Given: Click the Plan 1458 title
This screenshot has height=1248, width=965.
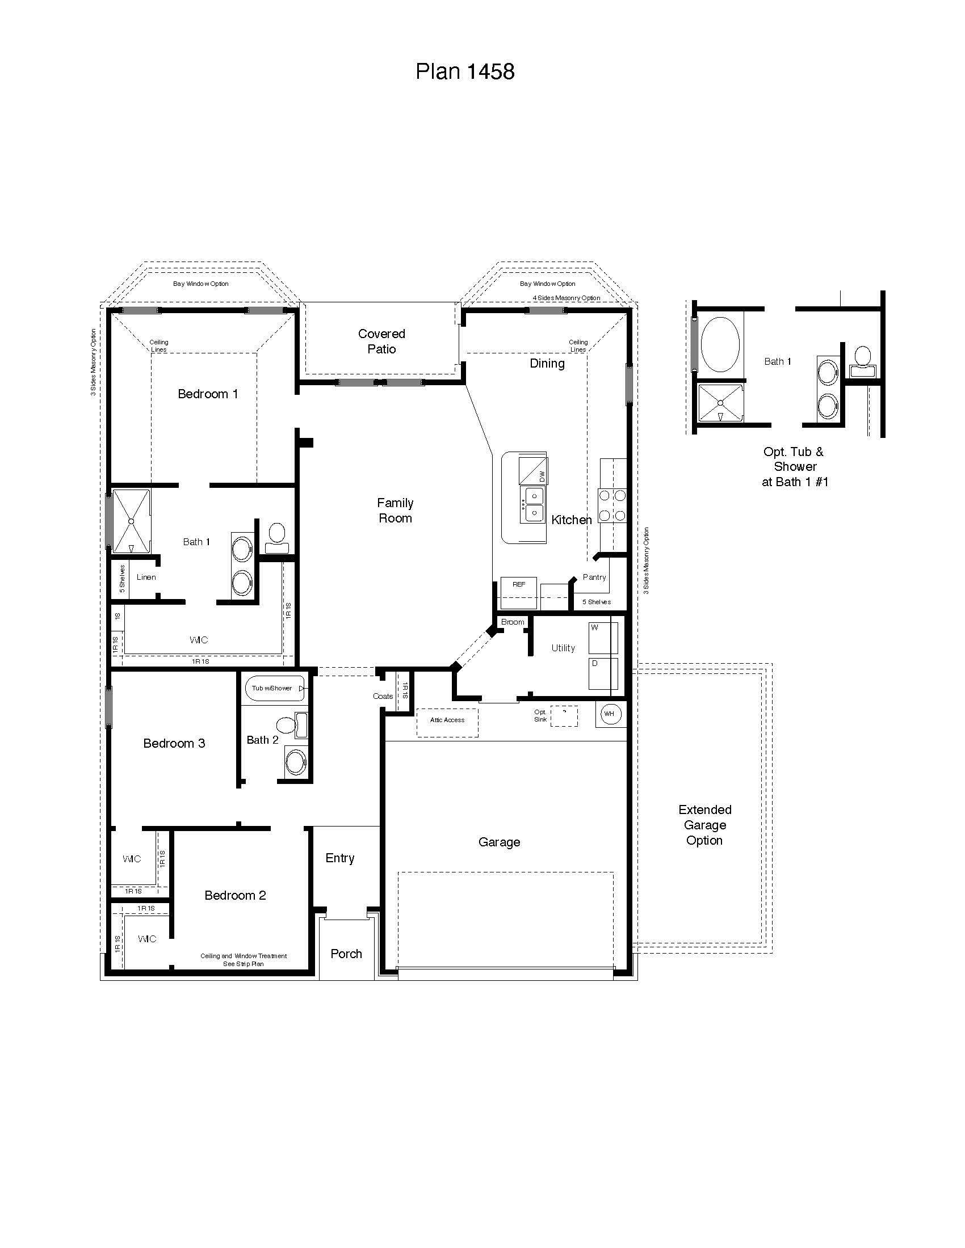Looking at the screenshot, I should coord(465,72).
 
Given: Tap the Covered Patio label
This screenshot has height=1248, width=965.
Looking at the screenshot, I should coord(381,341).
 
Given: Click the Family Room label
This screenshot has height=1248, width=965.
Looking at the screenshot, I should coord(395,511).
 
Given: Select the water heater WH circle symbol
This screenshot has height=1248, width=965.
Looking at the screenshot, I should coord(610,714).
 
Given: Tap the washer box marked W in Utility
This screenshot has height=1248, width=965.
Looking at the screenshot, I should coord(602,638).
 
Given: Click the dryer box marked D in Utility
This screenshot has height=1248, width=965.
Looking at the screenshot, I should coord(602,674).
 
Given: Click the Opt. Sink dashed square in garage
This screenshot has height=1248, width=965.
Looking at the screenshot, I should coord(564,716).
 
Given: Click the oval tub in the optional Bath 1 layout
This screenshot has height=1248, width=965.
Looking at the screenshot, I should coord(720,344).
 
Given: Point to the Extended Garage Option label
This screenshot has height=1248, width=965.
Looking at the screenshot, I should coord(704,825).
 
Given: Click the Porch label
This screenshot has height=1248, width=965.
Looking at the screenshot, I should coord(346,954).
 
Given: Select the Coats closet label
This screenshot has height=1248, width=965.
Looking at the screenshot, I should coord(383,696).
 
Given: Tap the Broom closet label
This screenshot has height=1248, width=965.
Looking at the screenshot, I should coord(512,622).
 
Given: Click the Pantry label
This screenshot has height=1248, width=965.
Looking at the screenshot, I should coord(594,577).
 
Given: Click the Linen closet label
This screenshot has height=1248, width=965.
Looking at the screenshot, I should coord(146,577).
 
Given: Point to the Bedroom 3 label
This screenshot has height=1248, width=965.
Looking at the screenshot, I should coord(174,743).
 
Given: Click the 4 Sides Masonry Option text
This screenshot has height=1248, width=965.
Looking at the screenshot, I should coord(566,298).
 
